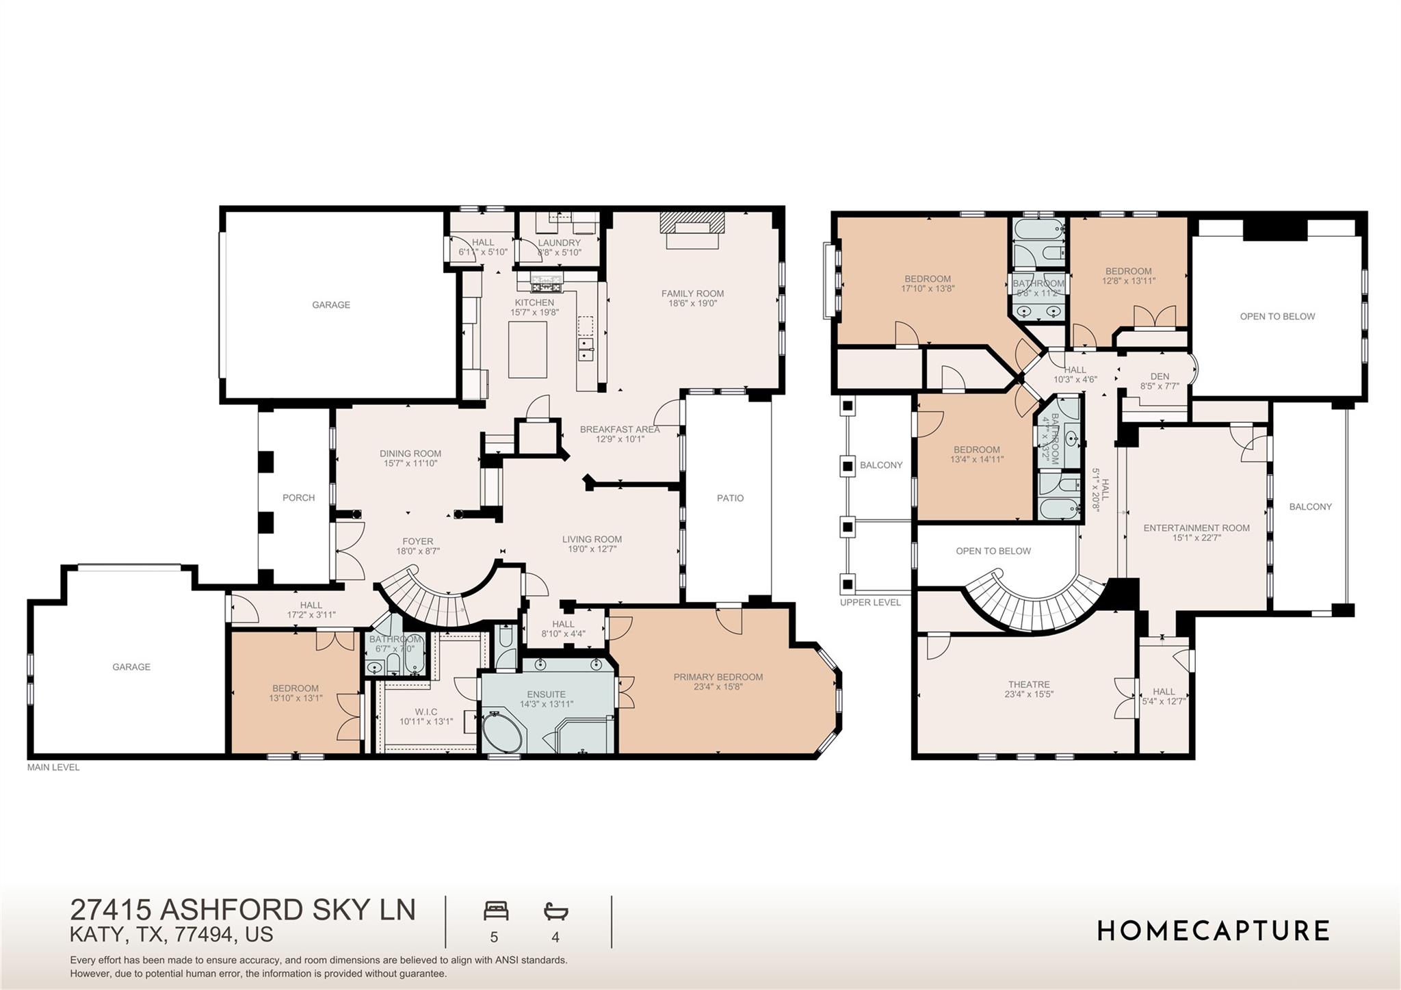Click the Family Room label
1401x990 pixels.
[692, 294]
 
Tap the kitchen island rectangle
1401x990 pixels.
[527, 349]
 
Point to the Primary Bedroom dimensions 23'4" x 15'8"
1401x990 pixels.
[718, 687]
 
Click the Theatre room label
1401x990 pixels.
[1028, 684]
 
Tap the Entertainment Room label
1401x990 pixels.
[1196, 527]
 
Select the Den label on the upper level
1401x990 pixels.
[1160, 376]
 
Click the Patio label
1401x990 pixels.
[730, 498]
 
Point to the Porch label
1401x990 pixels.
[298, 497]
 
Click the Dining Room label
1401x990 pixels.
[410, 453]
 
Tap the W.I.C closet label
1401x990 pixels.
[425, 712]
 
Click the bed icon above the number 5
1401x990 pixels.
[496, 911]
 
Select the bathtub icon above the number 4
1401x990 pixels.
[555, 911]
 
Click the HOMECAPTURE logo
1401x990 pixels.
[1213, 931]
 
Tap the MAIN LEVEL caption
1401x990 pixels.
[53, 767]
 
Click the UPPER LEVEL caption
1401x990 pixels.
[870, 602]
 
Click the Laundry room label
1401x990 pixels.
[559, 242]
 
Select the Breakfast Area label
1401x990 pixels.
[619, 429]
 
